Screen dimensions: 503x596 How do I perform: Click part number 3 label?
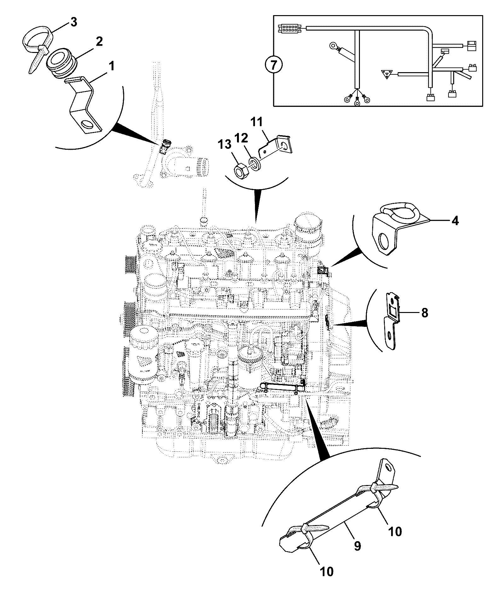(73, 23)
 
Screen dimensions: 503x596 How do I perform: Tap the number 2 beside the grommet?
(99, 42)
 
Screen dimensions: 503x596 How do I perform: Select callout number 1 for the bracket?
(111, 67)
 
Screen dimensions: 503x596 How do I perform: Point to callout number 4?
(455, 221)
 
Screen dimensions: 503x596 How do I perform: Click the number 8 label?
(425, 313)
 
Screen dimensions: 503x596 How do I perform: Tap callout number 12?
(241, 138)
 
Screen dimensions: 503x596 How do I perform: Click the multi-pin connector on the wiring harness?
(289, 29)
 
